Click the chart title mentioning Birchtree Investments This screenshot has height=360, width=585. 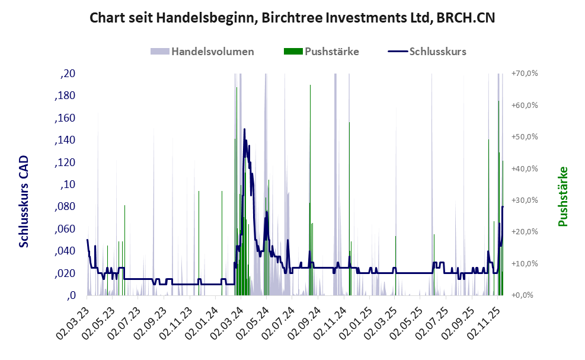(x=292, y=18)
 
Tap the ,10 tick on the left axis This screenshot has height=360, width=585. (x=68, y=184)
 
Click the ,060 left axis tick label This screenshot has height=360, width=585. (x=65, y=229)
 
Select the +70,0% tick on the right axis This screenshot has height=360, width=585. (x=523, y=74)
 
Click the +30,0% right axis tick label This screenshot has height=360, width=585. (x=523, y=200)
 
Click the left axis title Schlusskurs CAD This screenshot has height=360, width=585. (x=24, y=202)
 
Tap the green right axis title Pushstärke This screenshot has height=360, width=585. (x=562, y=196)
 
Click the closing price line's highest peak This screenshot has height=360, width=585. (x=244, y=129)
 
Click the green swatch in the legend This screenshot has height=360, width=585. (x=293, y=51)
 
